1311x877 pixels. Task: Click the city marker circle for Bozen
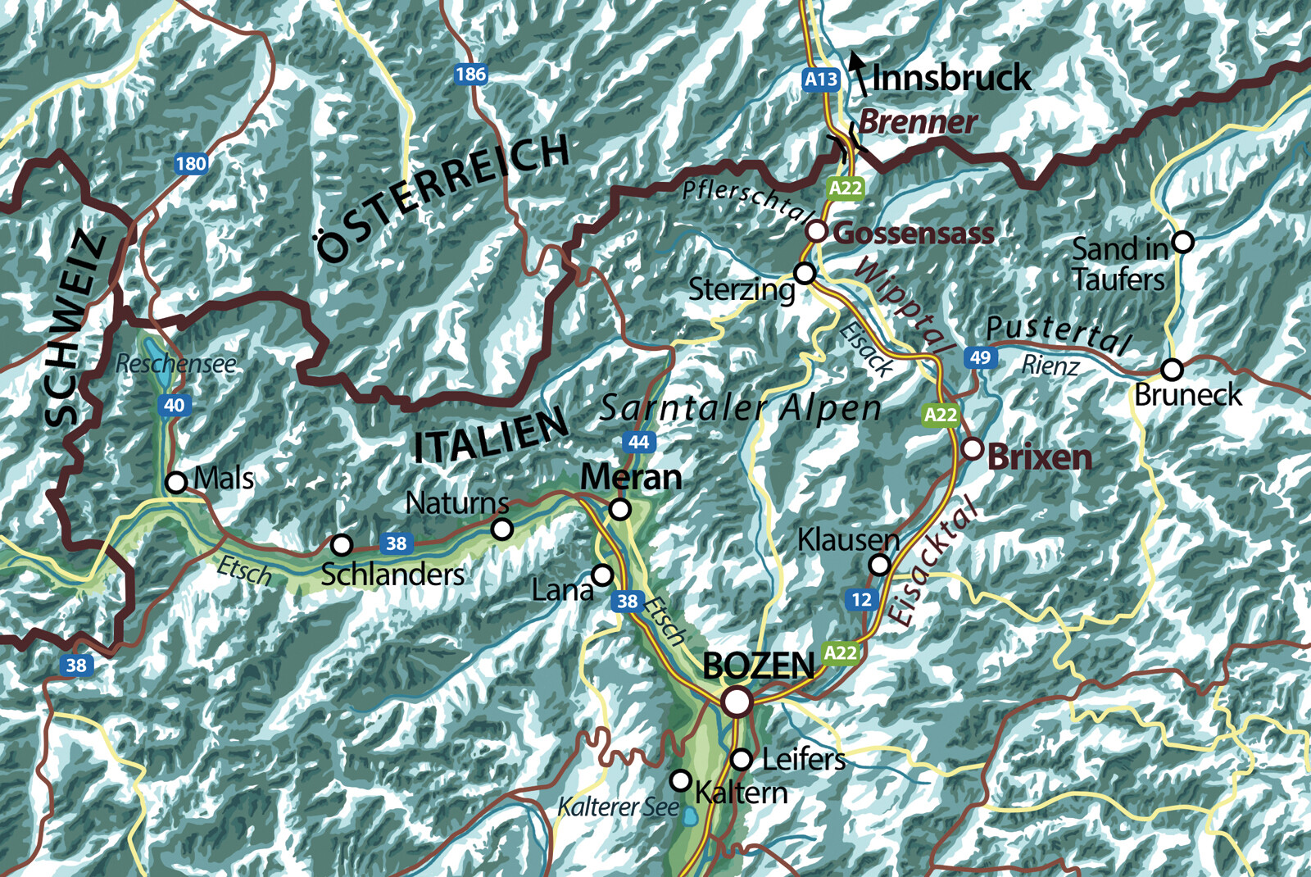click(737, 702)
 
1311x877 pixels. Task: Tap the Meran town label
click(631, 477)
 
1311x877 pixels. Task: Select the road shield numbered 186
click(471, 75)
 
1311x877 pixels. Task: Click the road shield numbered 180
click(191, 163)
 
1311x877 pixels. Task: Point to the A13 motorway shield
click(821, 80)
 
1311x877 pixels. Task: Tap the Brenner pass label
click(918, 122)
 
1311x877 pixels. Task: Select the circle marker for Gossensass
click(816, 231)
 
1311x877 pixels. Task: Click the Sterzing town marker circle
click(805, 272)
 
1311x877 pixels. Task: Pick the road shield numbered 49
click(980, 357)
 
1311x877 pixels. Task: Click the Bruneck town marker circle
click(1173, 370)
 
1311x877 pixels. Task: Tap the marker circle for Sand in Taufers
click(1182, 242)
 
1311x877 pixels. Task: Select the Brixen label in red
click(1039, 457)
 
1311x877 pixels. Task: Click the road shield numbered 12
click(861, 599)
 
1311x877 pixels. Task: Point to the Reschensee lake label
click(175, 364)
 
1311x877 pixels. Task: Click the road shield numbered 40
click(174, 405)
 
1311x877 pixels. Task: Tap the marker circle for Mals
click(176, 483)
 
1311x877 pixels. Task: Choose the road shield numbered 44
click(638, 442)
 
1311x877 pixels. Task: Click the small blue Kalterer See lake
click(691, 816)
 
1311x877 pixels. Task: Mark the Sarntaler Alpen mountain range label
click(740, 407)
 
